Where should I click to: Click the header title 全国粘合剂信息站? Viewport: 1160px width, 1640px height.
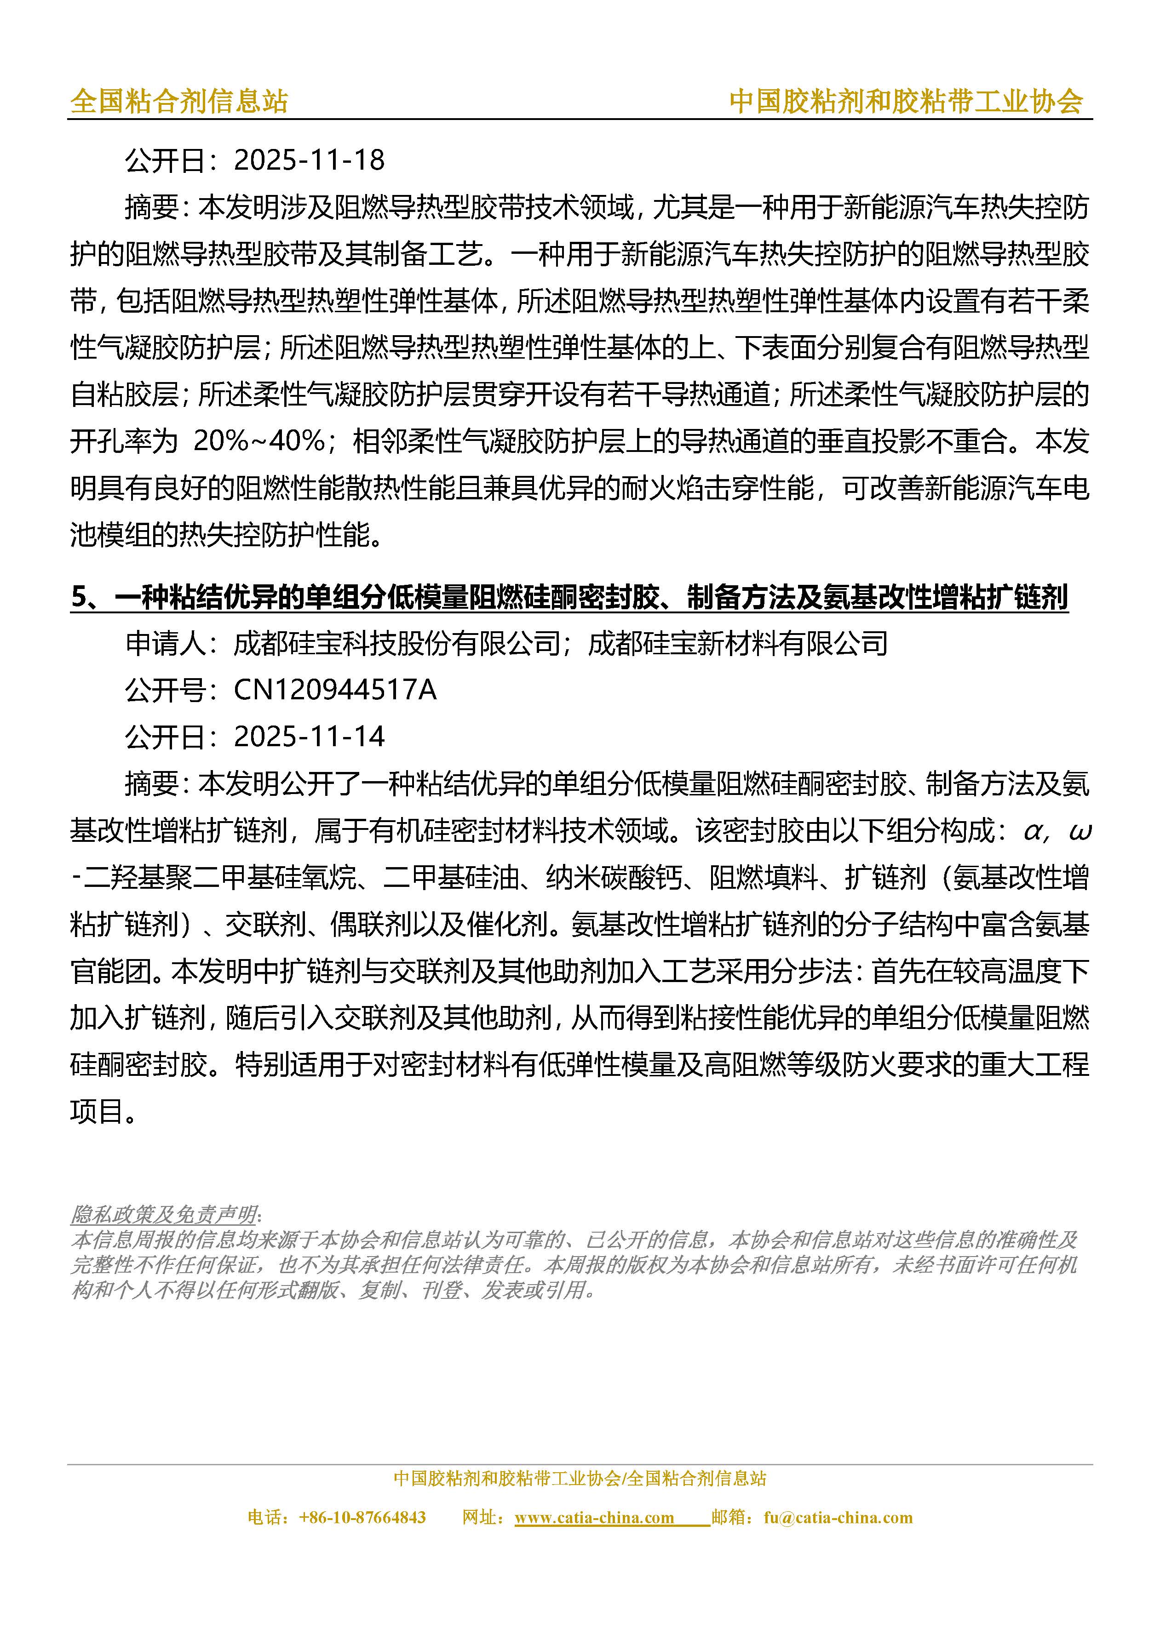click(x=178, y=102)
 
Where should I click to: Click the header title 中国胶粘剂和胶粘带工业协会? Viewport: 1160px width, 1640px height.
click(x=906, y=102)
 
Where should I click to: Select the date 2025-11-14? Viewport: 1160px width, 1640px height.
click(x=309, y=737)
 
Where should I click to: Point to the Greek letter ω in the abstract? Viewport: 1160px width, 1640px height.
click(x=1079, y=831)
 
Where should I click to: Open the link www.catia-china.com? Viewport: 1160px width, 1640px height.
click(x=594, y=1517)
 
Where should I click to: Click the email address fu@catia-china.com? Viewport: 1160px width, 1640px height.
click(x=838, y=1517)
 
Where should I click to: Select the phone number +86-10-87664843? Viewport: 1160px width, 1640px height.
click(x=362, y=1517)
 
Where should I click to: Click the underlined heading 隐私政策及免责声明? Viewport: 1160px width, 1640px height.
click(x=164, y=1214)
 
